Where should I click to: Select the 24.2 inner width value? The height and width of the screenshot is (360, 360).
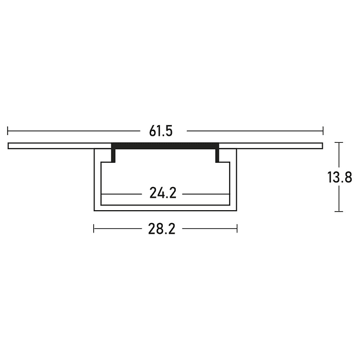point(163,193)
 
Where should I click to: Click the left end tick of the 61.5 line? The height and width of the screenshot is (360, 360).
point(8,131)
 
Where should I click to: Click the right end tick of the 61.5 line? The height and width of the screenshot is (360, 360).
point(323,131)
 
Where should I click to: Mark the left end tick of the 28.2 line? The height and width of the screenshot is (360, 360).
point(94,228)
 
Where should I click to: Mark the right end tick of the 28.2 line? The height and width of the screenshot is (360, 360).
point(237,228)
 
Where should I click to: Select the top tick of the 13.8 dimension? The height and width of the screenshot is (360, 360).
point(338,142)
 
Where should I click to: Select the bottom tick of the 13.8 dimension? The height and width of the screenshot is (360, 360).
point(338,211)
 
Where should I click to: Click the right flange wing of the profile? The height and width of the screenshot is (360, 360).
point(271,145)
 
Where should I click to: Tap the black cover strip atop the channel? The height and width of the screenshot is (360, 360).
point(165,145)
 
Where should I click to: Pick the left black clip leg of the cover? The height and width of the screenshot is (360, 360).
point(113,155)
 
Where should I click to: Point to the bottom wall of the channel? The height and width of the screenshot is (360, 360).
point(165,208)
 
